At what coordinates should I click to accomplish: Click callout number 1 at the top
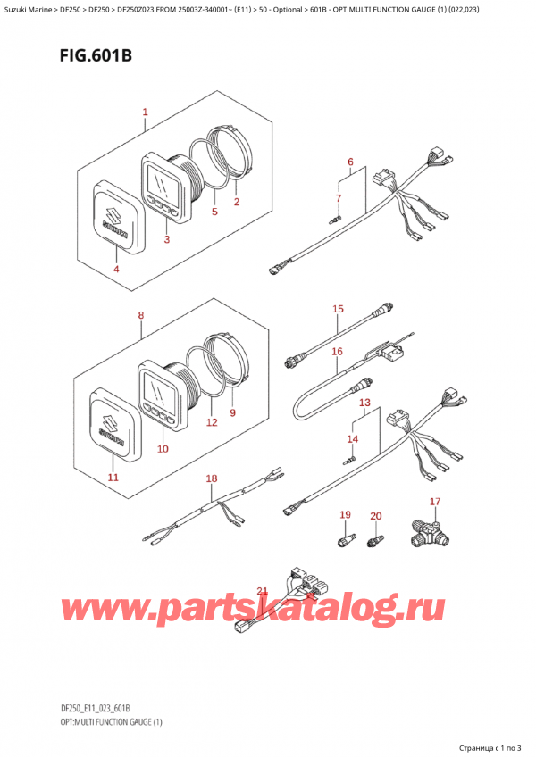point(145,113)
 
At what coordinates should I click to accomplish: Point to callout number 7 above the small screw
point(339,197)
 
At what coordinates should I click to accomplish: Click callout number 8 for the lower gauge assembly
point(140,314)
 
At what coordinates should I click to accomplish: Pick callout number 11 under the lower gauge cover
point(113,478)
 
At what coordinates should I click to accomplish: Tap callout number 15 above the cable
point(338,310)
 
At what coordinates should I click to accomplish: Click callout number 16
point(338,352)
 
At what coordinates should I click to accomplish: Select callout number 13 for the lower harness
point(364,403)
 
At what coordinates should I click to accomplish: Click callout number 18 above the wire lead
point(211,479)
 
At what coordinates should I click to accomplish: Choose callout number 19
point(346,515)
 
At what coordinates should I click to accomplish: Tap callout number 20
point(375,516)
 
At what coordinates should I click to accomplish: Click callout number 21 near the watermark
point(262,591)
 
